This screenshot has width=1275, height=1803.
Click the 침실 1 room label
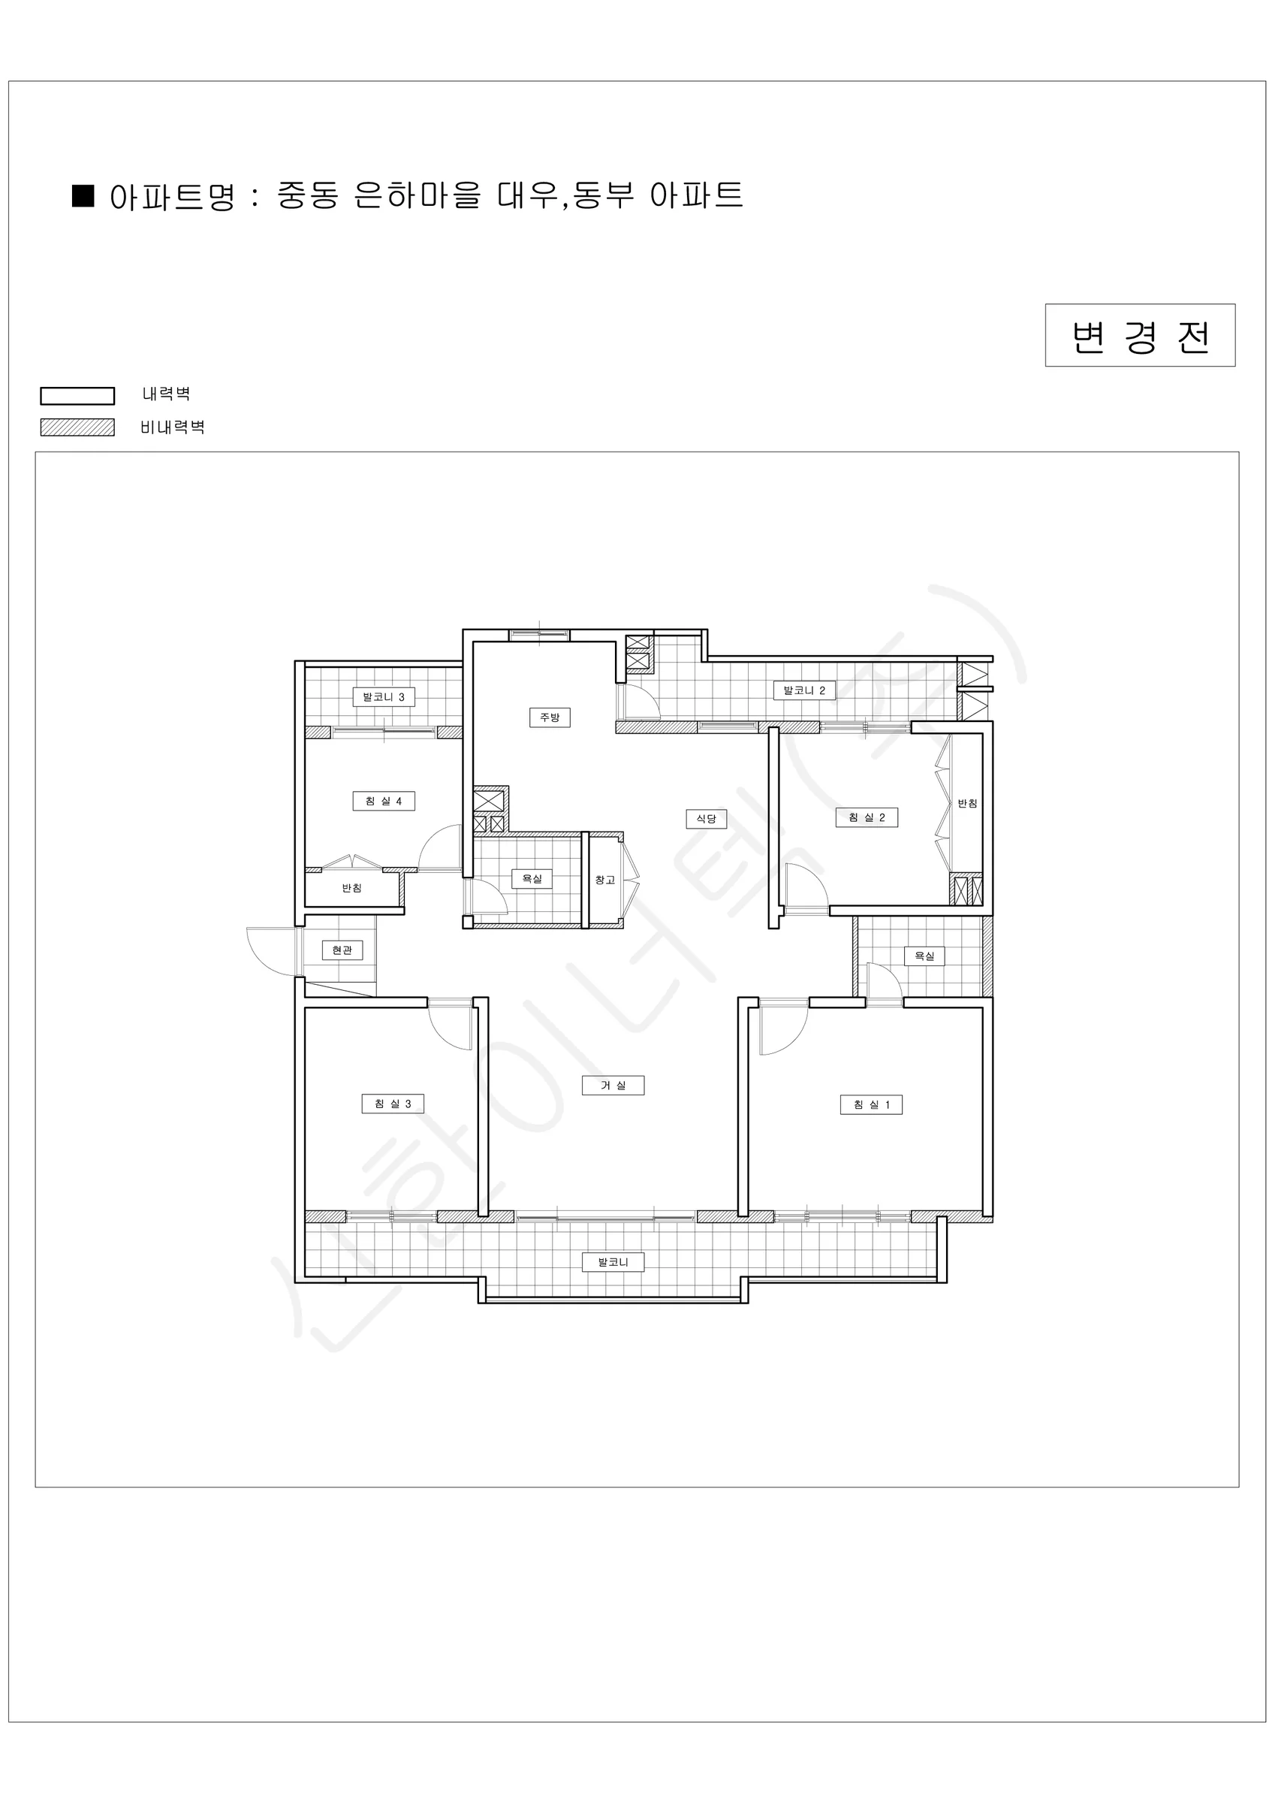pyautogui.click(x=872, y=1104)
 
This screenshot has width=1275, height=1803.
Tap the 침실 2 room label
pyautogui.click(x=867, y=817)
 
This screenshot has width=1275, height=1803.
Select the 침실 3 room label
pyautogui.click(x=393, y=1104)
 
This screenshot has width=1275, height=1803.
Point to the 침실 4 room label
pyautogui.click(x=383, y=801)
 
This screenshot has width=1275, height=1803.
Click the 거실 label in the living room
pyautogui.click(x=613, y=1086)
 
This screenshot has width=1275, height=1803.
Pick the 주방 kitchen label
pyautogui.click(x=550, y=717)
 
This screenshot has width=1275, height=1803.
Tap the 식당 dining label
pyautogui.click(x=707, y=818)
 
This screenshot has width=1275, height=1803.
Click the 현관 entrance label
pyautogui.click(x=342, y=950)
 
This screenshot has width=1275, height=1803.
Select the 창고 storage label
pyautogui.click(x=604, y=880)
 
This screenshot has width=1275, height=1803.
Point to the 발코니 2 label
pyautogui.click(x=805, y=690)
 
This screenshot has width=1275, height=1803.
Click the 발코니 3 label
pyautogui.click(x=384, y=696)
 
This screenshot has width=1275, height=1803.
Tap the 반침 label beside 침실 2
pyautogui.click(x=967, y=803)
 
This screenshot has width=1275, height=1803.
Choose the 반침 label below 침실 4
pyautogui.click(x=351, y=888)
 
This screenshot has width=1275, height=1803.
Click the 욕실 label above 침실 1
pyautogui.click(x=924, y=956)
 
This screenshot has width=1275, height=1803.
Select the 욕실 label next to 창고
pyautogui.click(x=532, y=879)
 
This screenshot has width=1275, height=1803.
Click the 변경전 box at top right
pyautogui.click(x=1140, y=335)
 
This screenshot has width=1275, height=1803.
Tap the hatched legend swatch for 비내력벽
pyautogui.click(x=78, y=427)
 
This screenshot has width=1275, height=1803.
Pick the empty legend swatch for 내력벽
pyautogui.click(x=78, y=396)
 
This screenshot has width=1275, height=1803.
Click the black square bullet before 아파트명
pyautogui.click(x=83, y=195)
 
